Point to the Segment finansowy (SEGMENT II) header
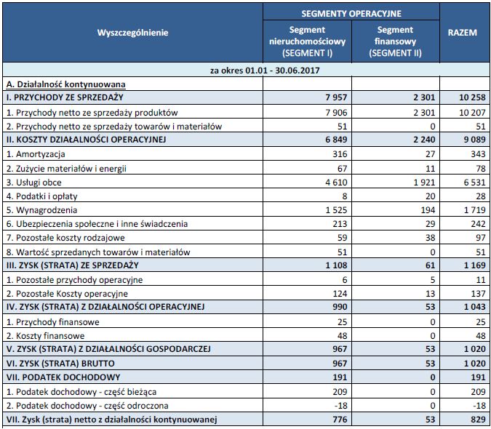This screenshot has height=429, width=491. click(394, 42)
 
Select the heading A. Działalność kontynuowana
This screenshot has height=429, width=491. click(65, 84)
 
